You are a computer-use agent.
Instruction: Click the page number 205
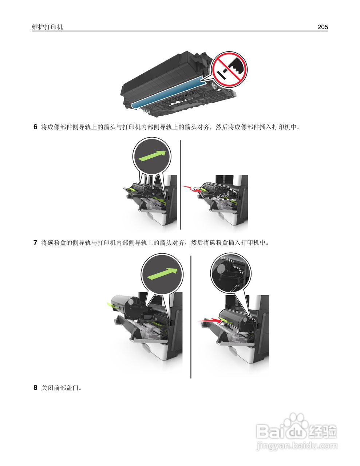323,27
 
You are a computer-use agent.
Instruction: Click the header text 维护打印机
47,27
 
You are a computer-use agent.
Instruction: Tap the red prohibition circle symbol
229,69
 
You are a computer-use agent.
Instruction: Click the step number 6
35,127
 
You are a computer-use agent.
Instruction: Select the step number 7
35,242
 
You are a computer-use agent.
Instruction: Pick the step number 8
35,388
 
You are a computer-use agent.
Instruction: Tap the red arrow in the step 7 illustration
210,320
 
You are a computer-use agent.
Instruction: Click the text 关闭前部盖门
60,388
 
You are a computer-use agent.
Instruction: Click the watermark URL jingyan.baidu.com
297,445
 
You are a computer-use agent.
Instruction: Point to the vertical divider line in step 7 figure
191,317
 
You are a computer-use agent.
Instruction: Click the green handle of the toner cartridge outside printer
111,304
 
